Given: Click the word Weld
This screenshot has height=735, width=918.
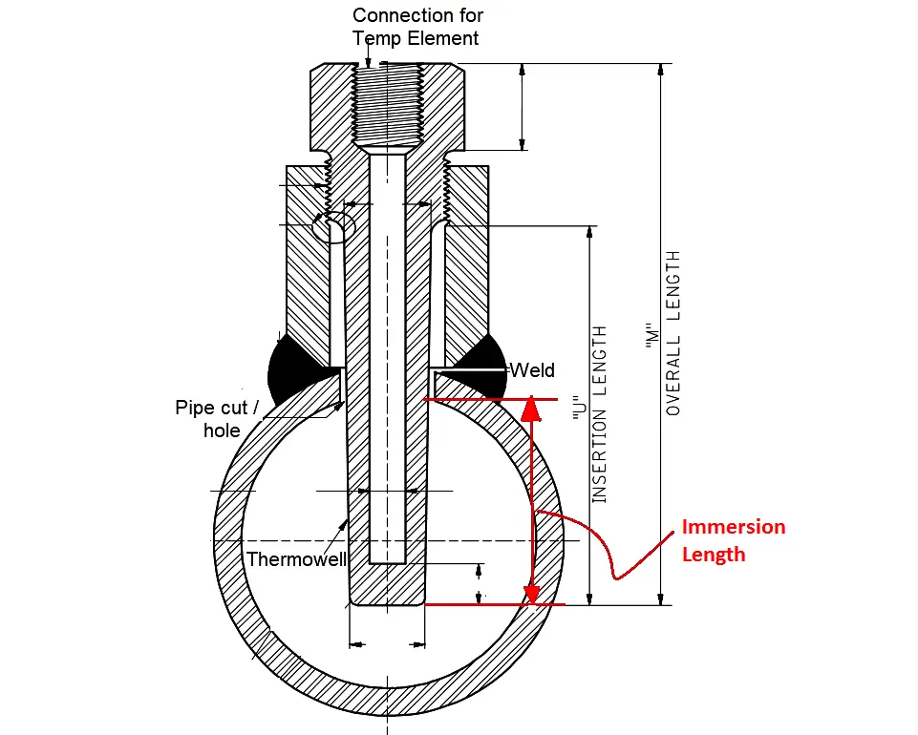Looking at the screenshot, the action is (x=532, y=370).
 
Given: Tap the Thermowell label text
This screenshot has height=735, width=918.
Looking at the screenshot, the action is (x=296, y=559).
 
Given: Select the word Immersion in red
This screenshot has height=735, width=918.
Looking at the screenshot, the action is (x=734, y=527).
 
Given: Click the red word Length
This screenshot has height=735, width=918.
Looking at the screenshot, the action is (x=714, y=555).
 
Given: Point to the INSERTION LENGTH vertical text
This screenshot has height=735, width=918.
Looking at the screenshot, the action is (x=599, y=414).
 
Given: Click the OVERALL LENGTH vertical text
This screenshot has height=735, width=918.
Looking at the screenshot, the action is (x=673, y=333).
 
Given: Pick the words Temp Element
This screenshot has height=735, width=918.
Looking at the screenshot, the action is (x=416, y=38).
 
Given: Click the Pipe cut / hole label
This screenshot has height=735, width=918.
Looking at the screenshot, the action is (x=217, y=419).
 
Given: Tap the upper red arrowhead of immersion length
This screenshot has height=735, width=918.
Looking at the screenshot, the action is (x=531, y=409).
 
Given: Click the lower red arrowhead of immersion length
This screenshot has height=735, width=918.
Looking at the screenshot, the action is (x=531, y=594).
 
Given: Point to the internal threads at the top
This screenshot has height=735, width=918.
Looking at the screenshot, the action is (x=387, y=104).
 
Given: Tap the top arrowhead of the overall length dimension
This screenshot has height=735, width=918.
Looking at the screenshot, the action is (x=661, y=70).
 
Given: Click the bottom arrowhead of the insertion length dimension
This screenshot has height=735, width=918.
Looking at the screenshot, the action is (x=589, y=598).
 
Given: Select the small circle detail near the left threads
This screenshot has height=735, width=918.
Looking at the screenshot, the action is (x=333, y=226).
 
